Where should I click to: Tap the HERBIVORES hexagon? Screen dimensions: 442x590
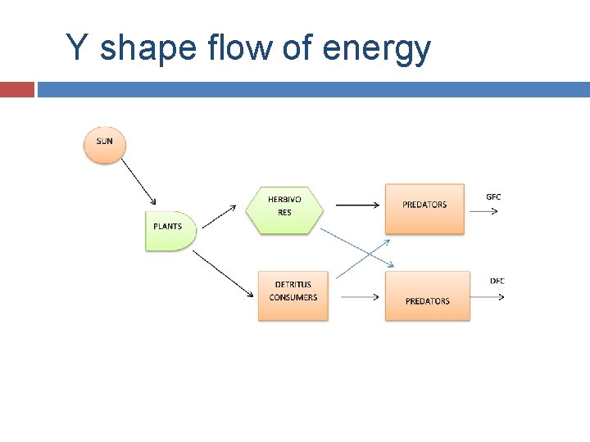point(284,205)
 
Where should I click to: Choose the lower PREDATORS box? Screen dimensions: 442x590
point(427,296)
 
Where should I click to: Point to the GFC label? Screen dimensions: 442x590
point(493,196)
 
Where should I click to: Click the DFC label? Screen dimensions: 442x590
point(497,281)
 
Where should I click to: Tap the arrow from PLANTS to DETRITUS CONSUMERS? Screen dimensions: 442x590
point(222,273)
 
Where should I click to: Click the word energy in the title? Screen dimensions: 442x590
point(377,49)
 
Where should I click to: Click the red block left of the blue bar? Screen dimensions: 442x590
point(16,88)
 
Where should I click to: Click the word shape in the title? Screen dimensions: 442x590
point(148,49)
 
